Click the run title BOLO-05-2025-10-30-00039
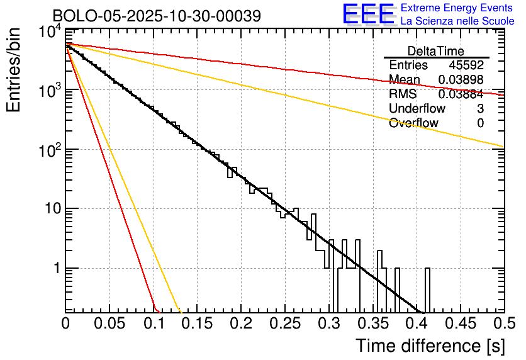pyautogui.click(x=157, y=16)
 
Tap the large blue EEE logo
pyautogui.click(x=368, y=14)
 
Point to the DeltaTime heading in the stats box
pyautogui.click(x=436, y=51)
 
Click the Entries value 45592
pyautogui.click(x=466, y=65)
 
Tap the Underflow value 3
pyautogui.click(x=480, y=109)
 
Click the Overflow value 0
pyautogui.click(x=480, y=123)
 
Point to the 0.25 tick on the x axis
pyautogui.click(x=285, y=323)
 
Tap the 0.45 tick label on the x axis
pyautogui.click(x=460, y=323)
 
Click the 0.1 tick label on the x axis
pyautogui.click(x=154, y=323)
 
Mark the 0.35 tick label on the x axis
pyautogui.click(x=372, y=323)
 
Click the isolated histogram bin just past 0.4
pyautogui.click(x=428, y=290)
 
